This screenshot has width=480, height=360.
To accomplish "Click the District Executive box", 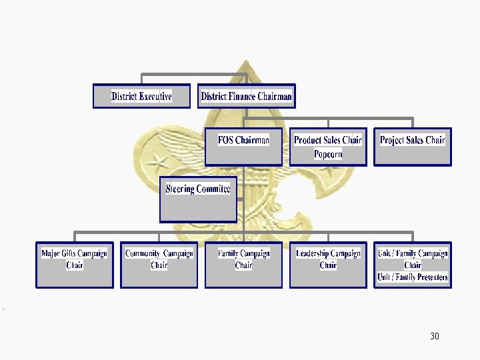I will [x=141, y=96].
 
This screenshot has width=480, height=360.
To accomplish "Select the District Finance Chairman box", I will [x=246, y=96].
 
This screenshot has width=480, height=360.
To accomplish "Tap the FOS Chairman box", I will [x=243, y=147].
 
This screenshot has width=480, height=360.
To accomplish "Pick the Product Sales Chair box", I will [x=328, y=147].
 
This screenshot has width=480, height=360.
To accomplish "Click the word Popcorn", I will [x=328, y=155].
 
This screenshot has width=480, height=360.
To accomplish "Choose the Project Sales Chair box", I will [x=412, y=147].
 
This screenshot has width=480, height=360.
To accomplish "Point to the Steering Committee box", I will [x=198, y=199].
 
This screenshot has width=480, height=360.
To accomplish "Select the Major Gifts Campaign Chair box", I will [x=74, y=265].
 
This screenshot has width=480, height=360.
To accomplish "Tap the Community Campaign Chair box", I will [x=159, y=265].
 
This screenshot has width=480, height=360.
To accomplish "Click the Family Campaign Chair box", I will [x=243, y=265].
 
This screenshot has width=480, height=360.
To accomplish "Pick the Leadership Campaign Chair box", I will [x=328, y=265].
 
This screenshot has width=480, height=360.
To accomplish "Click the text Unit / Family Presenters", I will [x=413, y=277].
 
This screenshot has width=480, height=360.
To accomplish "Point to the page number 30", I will [x=435, y=336].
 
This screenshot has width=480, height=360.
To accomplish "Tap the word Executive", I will [x=155, y=96].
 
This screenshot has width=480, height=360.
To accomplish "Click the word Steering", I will [x=180, y=189].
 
